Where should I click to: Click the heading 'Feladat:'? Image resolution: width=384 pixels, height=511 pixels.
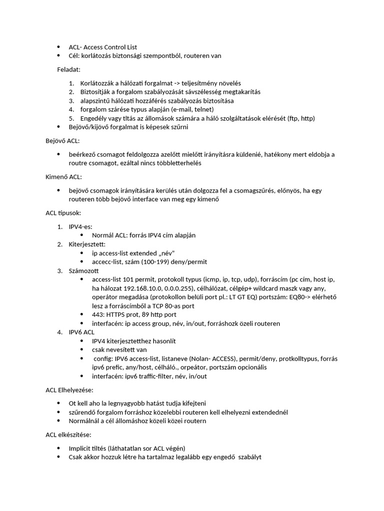[x=68, y=69]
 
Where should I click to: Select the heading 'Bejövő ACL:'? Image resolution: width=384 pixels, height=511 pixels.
[x=62, y=141]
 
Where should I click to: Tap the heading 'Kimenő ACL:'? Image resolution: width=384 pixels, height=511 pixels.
[x=63, y=177]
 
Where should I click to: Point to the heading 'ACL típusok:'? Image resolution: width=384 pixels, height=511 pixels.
[x=63, y=213]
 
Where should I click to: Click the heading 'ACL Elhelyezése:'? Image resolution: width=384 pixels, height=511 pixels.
[x=69, y=389]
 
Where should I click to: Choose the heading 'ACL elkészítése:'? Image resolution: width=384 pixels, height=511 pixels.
[x=68, y=435]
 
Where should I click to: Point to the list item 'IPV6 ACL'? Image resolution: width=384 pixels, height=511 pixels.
[x=81, y=332]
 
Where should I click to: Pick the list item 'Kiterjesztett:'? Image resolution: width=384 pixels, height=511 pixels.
[x=87, y=244]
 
